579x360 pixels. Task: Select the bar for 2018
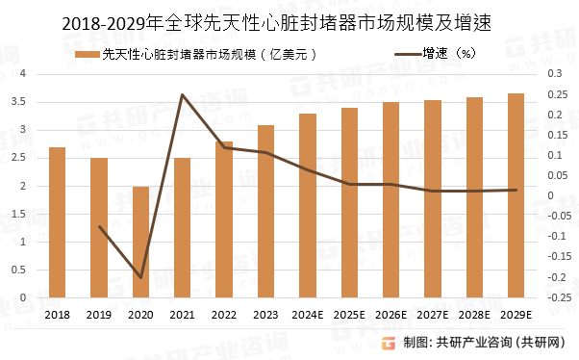click(x=57, y=222)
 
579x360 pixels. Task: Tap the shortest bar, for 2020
click(x=140, y=243)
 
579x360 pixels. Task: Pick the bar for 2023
click(x=265, y=212)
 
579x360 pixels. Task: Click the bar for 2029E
click(x=516, y=195)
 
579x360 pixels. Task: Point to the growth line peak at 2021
click(x=182, y=94)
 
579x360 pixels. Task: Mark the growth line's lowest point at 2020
click(x=140, y=277)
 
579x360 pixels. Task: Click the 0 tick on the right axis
click(x=551, y=195)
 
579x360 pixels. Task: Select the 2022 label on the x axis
click(x=223, y=315)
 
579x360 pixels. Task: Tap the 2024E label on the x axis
click(x=307, y=315)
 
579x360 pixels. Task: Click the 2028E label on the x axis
click(x=474, y=315)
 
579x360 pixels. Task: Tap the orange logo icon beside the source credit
click(x=389, y=343)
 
